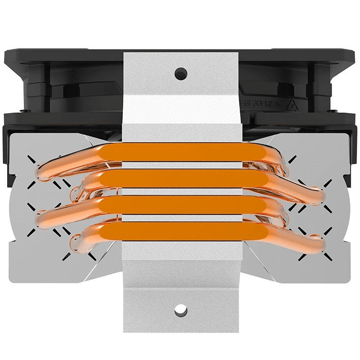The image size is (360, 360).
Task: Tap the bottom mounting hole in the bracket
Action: (x=179, y=309)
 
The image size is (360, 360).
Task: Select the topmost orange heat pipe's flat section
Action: (x=181, y=152)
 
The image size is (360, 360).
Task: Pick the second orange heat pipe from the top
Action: (x=181, y=178)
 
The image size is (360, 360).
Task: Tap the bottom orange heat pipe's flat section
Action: (x=181, y=230)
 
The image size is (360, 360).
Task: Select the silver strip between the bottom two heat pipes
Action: (x=181, y=218)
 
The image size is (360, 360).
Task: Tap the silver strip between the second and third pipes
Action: (x=181, y=191)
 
